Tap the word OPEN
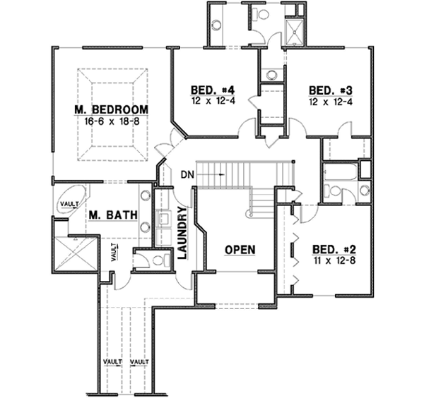pos(240,250)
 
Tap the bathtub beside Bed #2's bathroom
pos(338,172)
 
